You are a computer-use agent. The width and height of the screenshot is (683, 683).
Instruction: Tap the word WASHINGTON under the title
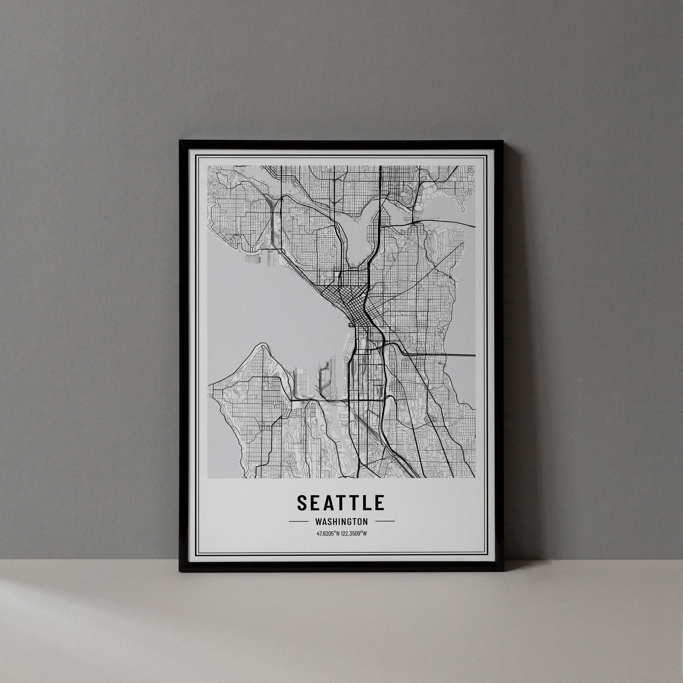(341, 521)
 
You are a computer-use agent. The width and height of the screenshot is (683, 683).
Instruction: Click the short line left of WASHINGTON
(298, 521)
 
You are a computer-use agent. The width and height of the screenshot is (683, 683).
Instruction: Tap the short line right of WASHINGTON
(385, 521)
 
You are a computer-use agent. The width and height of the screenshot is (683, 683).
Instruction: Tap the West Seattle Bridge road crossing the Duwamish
(318, 400)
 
